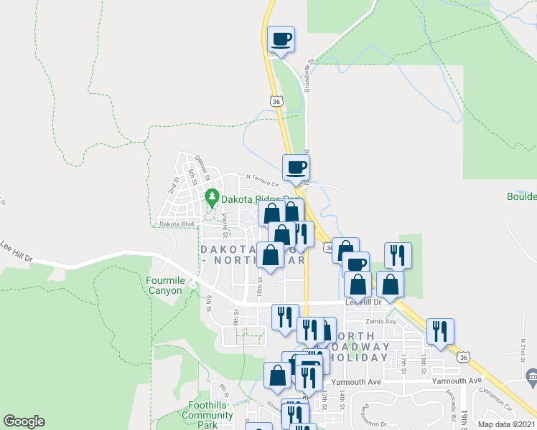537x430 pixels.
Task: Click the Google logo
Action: point(24,421)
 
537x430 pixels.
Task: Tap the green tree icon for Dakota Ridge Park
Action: point(212,196)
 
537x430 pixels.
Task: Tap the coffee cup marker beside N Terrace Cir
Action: point(296,168)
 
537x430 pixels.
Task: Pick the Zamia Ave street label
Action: point(380,321)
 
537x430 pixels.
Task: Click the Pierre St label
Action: point(225,224)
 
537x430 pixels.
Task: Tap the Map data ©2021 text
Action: point(506,424)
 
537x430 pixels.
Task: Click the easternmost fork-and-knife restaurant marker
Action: point(439,332)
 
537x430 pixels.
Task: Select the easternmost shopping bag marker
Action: point(389,284)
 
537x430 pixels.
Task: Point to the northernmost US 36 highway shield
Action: point(276,102)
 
